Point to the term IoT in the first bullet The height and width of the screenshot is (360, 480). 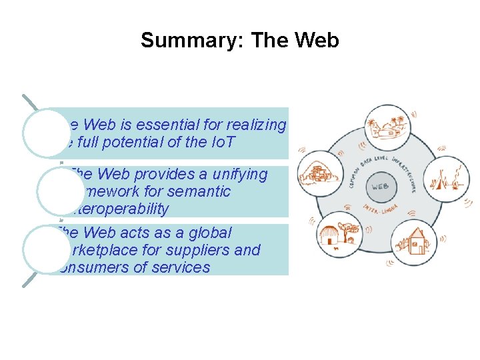[x=221, y=142]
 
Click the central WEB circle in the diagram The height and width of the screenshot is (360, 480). [x=379, y=186]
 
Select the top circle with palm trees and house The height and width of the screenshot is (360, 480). [x=385, y=127]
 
